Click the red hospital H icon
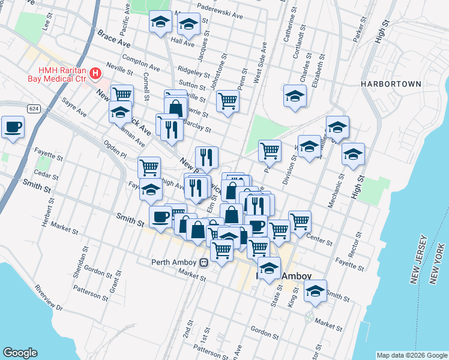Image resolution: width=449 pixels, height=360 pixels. tap(95, 74)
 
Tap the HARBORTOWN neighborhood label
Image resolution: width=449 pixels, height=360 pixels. tap(391, 84)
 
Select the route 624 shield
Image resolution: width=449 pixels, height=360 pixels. tap(34, 107)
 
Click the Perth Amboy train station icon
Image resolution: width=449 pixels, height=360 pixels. tap(204, 262)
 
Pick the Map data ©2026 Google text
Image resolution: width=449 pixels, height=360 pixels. tap(411, 355)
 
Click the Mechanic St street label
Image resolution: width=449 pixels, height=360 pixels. tap(334, 191)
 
